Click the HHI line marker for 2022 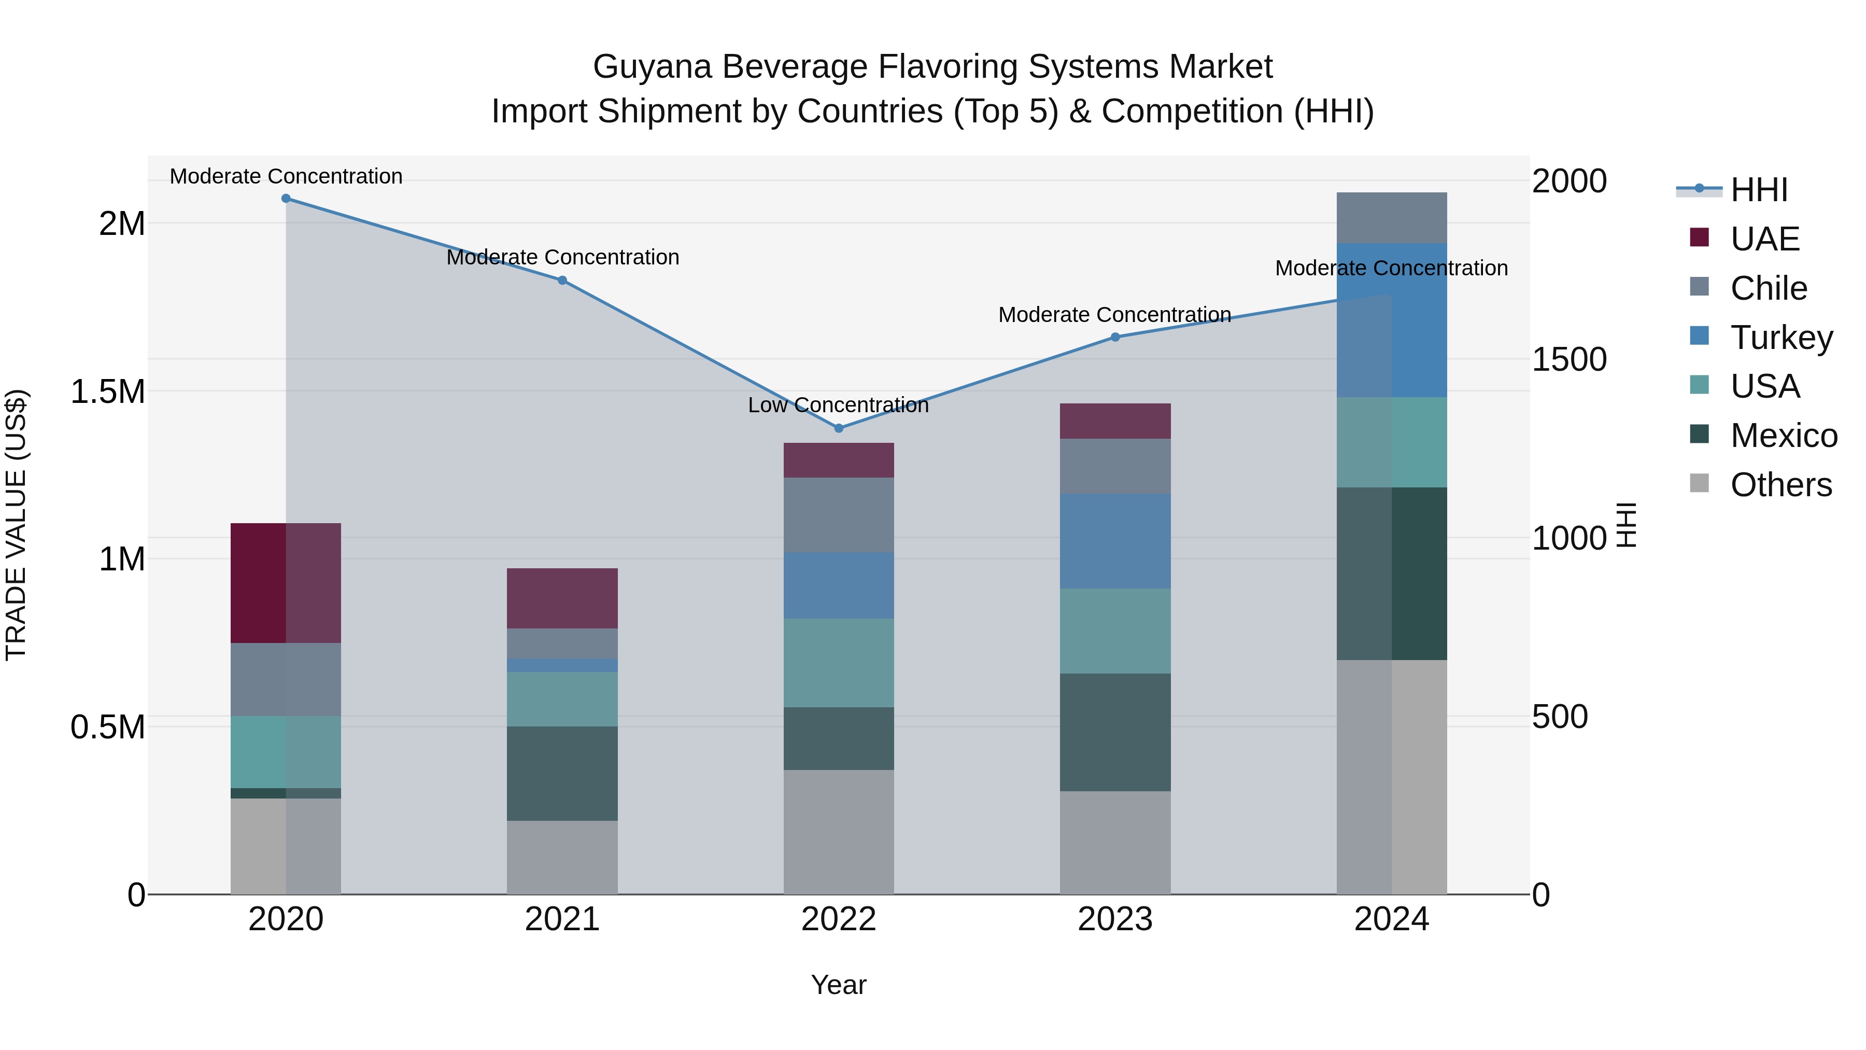839,428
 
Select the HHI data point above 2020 286,199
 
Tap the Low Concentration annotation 838,405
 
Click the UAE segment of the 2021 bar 562,598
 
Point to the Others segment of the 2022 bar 839,831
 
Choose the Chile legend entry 1768,288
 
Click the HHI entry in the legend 1759,190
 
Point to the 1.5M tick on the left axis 108,392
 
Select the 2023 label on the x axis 1115,919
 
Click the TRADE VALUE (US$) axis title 16,525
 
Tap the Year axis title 838,985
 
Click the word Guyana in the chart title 652,67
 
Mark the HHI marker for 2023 1115,337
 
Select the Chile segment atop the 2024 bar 1392,217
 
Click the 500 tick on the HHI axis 1560,717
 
